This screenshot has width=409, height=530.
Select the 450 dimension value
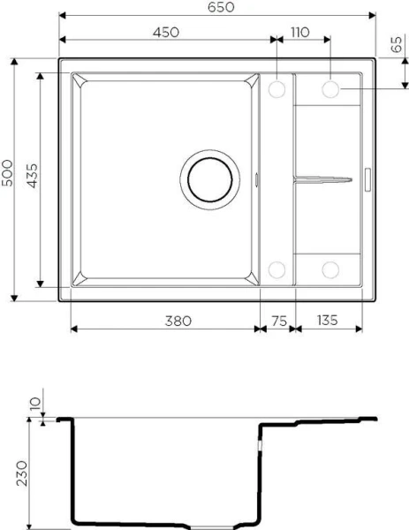165,32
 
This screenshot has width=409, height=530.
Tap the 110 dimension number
299,32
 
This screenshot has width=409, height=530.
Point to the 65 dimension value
395,45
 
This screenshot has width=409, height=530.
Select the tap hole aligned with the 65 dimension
331,89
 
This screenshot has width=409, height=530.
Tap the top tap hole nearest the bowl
276,89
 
